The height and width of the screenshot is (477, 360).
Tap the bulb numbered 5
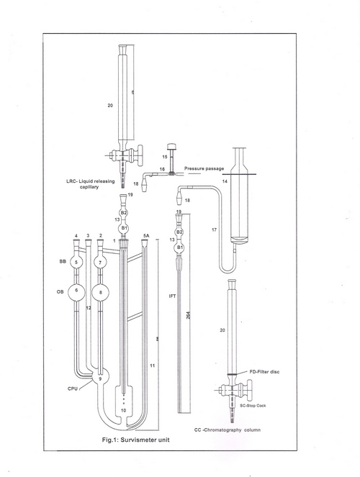[x=96, y=263]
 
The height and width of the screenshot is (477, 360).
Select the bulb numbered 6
[x=96, y=291]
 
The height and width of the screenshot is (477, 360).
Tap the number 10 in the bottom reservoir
[x=127, y=409]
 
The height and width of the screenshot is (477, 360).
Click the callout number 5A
[x=146, y=236]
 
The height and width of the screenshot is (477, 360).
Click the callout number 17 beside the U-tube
[x=214, y=229]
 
